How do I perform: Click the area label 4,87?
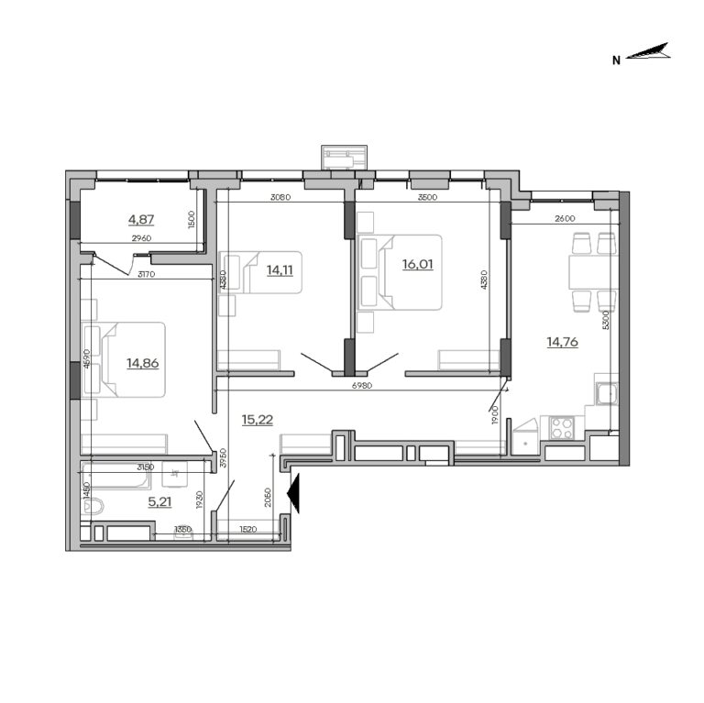pyautogui.click(x=142, y=219)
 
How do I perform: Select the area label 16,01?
pyautogui.click(x=416, y=263)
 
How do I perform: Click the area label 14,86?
pyautogui.click(x=142, y=362)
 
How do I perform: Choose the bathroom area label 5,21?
pyautogui.click(x=160, y=501)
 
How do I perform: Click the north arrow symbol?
pyautogui.click(x=652, y=53)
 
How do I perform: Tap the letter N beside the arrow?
pyautogui.click(x=617, y=60)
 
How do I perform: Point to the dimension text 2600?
pyautogui.click(x=565, y=218)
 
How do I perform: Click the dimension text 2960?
pyautogui.click(x=141, y=239)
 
